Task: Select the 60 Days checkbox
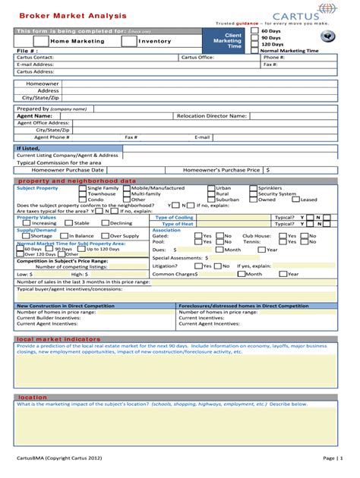(x=255, y=31)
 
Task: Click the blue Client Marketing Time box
(x=227, y=41)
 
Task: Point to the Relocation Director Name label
(x=211, y=115)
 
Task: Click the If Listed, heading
(x=28, y=148)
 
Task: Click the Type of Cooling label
(x=174, y=217)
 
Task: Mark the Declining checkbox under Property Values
(x=105, y=223)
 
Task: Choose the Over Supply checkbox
(x=106, y=236)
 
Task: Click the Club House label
(x=256, y=236)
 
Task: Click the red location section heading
(x=33, y=397)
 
